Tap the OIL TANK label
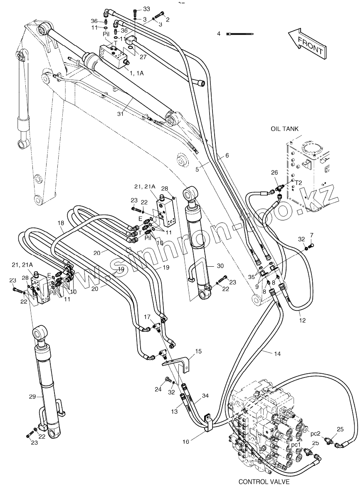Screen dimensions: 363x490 [284, 129]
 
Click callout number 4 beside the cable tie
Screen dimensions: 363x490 [219, 33]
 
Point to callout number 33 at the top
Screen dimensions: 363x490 [146, 9]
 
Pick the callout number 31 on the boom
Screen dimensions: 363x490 [121, 114]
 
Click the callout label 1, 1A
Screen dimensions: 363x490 [137, 73]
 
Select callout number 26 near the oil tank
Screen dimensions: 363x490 [274, 172]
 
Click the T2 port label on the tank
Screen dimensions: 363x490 [299, 182]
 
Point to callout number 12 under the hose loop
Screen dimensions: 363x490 [302, 320]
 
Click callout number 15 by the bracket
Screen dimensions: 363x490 [198, 351]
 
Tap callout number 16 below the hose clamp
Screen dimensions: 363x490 [186, 442]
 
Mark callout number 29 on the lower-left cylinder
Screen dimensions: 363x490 [32, 397]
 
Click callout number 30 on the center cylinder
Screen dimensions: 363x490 [220, 266]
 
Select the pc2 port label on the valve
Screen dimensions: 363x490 [315, 433]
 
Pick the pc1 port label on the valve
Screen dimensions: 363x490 [296, 444]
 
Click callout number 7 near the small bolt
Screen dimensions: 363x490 [311, 235]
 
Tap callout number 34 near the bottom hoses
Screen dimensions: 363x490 [205, 396]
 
